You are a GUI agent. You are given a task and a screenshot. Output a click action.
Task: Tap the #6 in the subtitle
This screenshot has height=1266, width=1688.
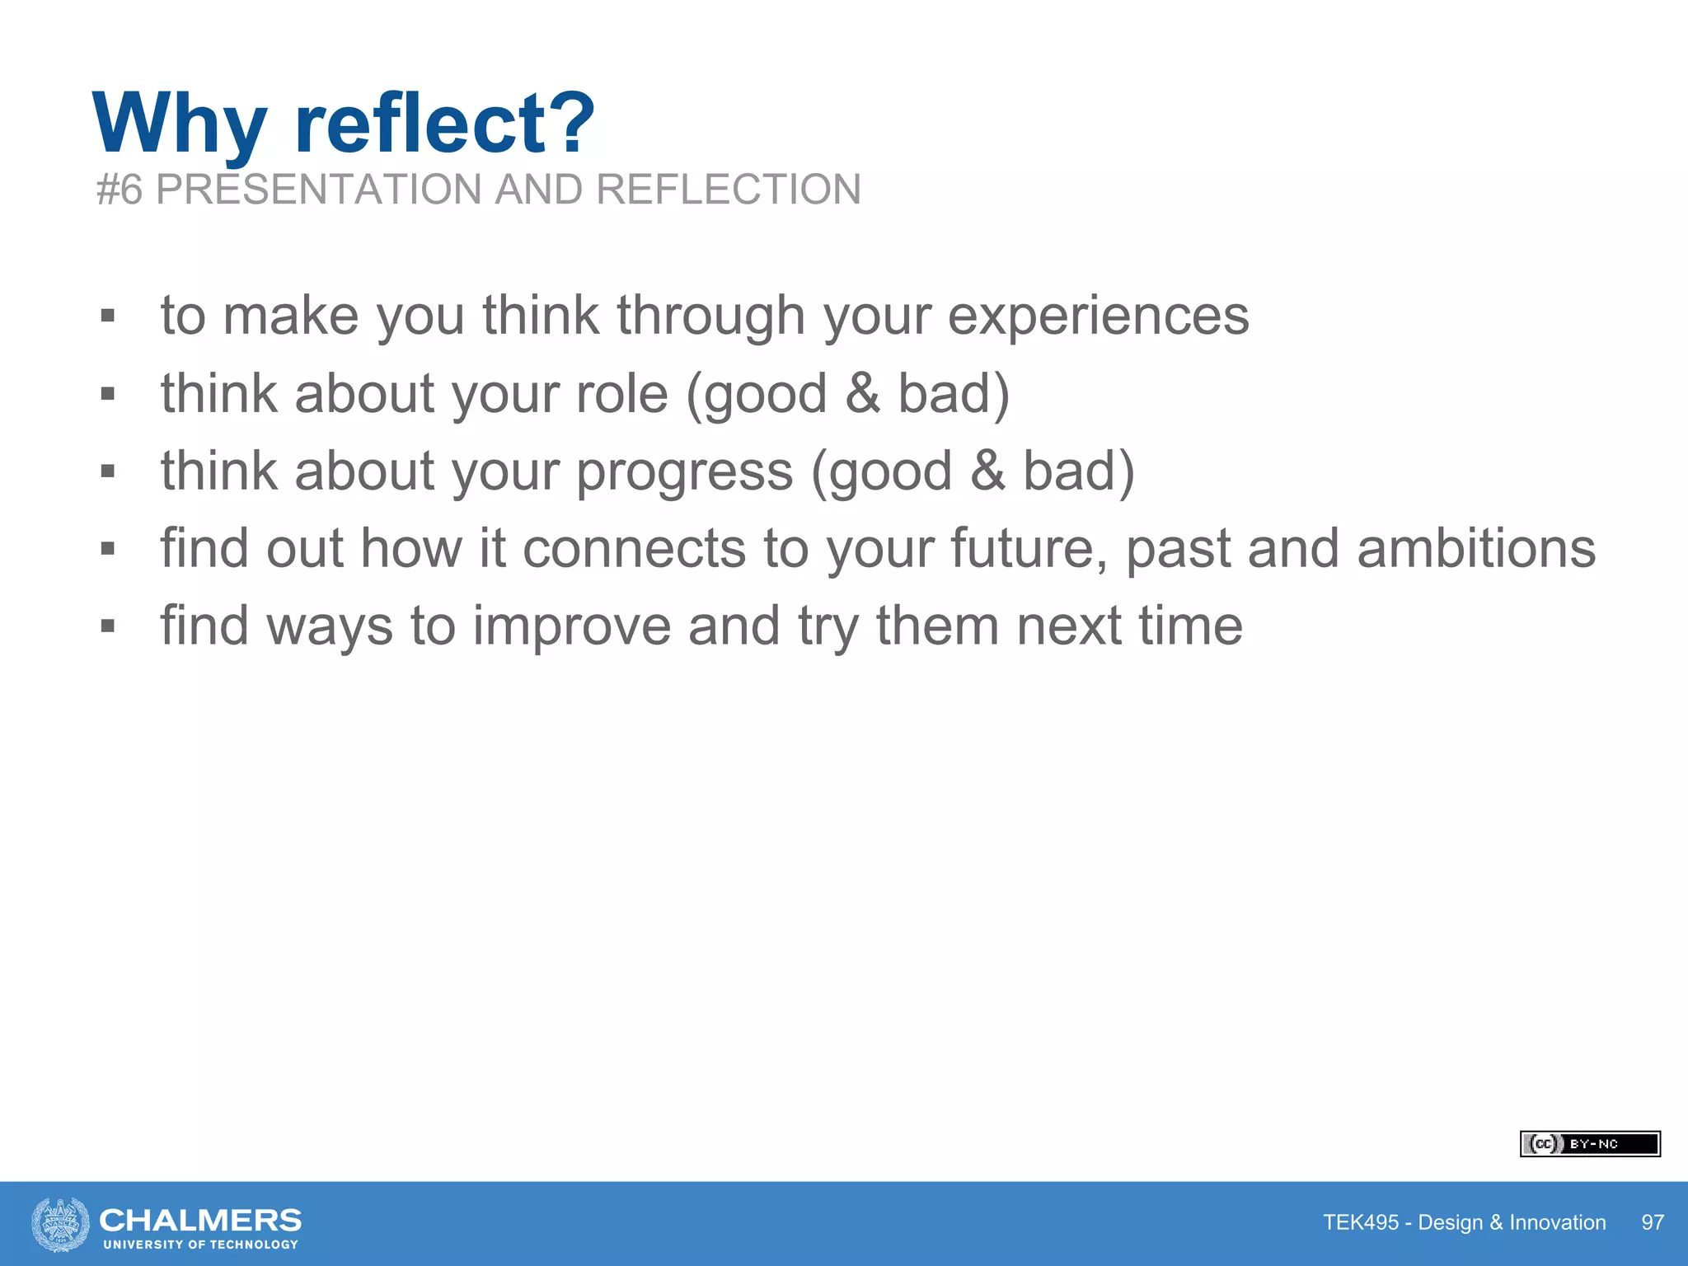click(x=120, y=190)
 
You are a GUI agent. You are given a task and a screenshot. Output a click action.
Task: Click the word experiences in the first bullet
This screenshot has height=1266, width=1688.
click(x=1098, y=316)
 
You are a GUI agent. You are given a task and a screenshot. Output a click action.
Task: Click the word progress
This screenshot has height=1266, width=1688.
click(x=684, y=471)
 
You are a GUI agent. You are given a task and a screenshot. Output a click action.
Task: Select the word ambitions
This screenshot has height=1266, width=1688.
click(x=1475, y=549)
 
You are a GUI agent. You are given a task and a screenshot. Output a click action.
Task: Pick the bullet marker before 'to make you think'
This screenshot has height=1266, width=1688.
click(x=107, y=316)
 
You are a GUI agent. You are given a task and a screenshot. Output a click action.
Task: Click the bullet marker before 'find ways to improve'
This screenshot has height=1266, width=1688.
click(x=107, y=626)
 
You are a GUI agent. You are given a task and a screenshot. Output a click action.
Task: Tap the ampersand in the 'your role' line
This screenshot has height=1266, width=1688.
click(x=862, y=393)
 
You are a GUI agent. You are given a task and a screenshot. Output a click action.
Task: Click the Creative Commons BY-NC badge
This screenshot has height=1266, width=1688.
click(x=1589, y=1144)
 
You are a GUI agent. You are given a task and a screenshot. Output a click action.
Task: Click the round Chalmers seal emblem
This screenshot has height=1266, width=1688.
click(x=60, y=1224)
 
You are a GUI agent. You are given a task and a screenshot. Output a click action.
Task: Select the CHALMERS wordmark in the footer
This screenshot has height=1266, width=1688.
click(x=200, y=1220)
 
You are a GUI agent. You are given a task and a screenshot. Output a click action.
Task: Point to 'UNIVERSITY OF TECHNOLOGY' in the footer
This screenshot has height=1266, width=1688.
click(x=200, y=1245)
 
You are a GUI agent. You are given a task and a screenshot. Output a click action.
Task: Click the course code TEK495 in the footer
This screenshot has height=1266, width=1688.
click(x=1361, y=1222)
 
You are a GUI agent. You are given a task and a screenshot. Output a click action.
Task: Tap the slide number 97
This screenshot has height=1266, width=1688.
click(x=1652, y=1222)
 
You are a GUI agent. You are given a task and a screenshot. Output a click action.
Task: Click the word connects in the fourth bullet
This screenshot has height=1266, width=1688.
click(x=635, y=549)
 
